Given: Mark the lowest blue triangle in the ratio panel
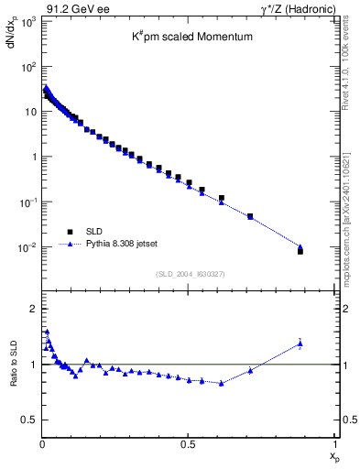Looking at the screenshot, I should pos(221,383).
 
